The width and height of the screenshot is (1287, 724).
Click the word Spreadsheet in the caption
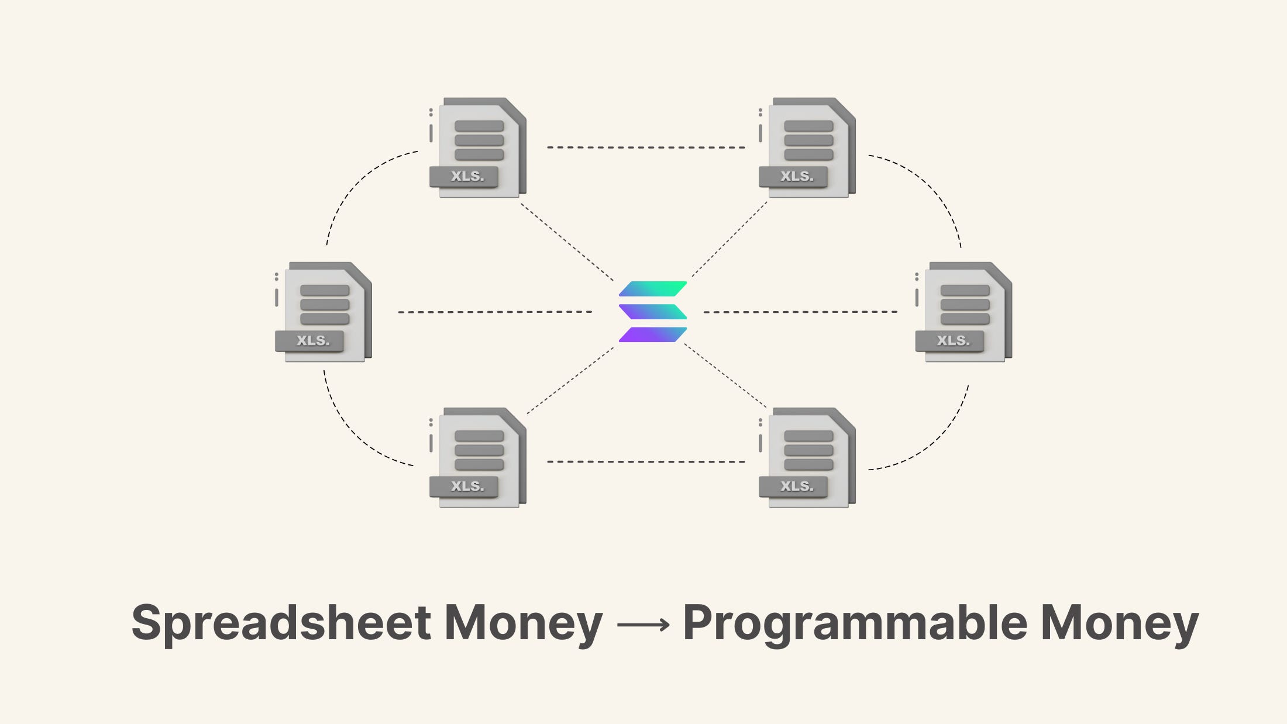[281, 623]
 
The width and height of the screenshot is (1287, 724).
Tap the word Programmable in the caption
[855, 623]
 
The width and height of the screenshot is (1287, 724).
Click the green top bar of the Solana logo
[653, 289]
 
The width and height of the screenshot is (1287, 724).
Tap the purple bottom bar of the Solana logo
[653, 335]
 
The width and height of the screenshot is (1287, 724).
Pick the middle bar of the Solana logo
[653, 312]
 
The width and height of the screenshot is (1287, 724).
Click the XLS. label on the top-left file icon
[467, 176]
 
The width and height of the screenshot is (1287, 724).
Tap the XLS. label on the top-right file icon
[796, 176]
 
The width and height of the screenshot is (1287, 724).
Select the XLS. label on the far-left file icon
[312, 340]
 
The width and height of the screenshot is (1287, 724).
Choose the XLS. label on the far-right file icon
[953, 340]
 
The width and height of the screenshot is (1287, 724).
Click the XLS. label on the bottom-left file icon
[467, 486]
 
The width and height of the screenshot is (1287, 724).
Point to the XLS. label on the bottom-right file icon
[796, 486]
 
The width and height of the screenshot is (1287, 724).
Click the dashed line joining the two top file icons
[646, 147]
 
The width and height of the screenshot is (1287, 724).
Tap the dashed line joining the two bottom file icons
[646, 462]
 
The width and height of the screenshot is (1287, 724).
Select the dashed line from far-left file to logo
[495, 312]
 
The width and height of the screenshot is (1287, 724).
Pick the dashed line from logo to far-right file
[800, 312]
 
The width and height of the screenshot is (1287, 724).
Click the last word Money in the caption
[1119, 623]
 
